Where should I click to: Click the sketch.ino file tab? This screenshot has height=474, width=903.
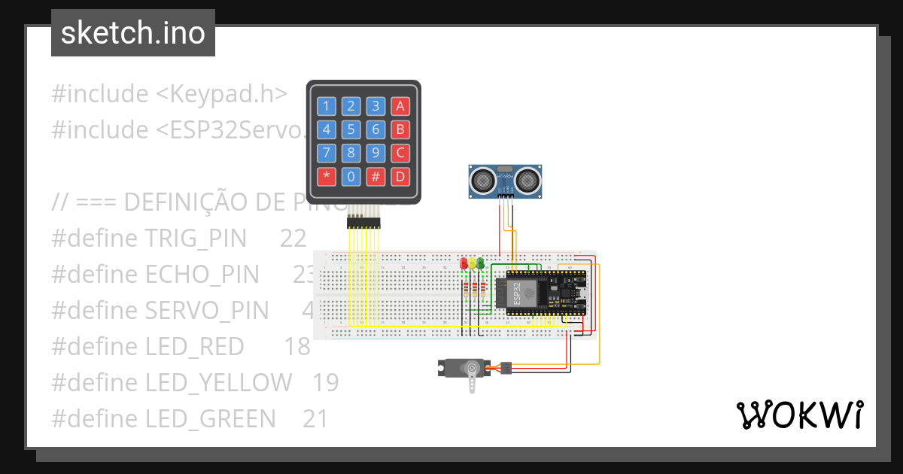click(133, 33)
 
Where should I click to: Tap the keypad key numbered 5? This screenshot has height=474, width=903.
click(351, 129)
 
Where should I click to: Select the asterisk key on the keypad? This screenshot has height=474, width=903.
click(326, 178)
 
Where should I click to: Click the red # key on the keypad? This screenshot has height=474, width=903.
click(375, 178)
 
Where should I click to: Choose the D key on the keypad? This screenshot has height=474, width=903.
click(400, 178)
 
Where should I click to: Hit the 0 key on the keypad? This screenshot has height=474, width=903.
click(351, 178)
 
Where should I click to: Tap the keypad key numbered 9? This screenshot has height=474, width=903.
click(375, 153)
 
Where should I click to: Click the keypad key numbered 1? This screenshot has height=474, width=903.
click(326, 105)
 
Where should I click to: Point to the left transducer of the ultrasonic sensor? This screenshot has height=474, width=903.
click(482, 180)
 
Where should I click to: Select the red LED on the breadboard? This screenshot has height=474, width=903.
click(464, 263)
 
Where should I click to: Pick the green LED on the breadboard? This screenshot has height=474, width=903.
click(481, 263)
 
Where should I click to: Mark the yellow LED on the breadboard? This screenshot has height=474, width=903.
click(473, 263)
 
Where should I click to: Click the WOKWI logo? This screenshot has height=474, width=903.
click(799, 415)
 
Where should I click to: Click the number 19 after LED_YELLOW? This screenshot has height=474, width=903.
click(326, 383)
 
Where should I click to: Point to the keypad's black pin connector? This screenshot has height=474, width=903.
click(363, 223)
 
